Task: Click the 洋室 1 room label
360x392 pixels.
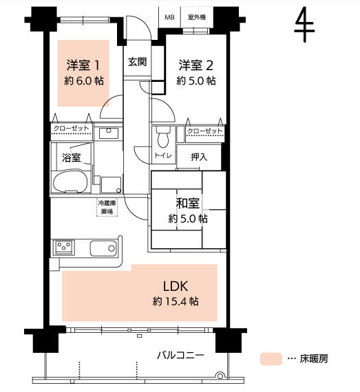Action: [83, 65]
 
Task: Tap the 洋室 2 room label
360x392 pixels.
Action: [195, 65]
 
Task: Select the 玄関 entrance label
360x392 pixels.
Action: [138, 62]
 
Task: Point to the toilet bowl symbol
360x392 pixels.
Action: [163, 137]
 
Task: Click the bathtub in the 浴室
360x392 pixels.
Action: [70, 182]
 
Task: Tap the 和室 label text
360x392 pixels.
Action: [188, 203]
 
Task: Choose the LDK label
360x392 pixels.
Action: [176, 286]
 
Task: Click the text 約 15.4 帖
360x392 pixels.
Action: [176, 301]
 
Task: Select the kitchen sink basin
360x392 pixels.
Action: [103, 248]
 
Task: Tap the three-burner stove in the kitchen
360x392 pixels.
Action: [64, 248]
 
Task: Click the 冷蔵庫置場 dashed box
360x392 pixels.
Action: [107, 207]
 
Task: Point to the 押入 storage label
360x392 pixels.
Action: [199, 157]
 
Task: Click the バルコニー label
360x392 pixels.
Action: [180, 356]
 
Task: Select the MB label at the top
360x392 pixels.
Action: [169, 17]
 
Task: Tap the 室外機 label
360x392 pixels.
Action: [197, 17]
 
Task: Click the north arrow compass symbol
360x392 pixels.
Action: [304, 25]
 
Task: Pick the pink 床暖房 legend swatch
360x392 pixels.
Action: [271, 359]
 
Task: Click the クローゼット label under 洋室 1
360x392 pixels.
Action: [72, 129]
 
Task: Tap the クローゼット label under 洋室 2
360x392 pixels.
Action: [204, 131]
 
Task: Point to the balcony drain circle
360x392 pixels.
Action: [220, 375]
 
